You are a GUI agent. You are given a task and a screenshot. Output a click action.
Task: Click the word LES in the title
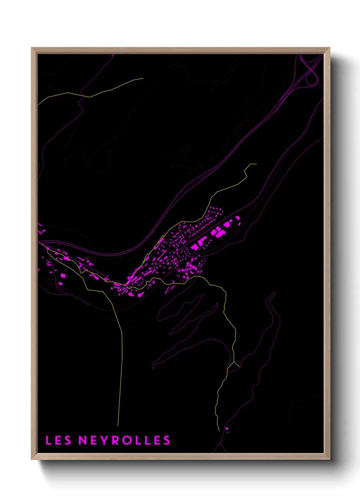coord(58,440)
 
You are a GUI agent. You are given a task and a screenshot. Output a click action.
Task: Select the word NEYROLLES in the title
coord(124,440)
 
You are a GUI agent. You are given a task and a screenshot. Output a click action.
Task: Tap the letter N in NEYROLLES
coord(83,440)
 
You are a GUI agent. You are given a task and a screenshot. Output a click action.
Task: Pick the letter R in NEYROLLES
coord(116,440)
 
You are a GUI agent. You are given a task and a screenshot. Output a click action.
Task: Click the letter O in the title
coord(128,440)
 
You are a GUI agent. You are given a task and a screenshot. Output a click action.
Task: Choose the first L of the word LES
coord(48,440)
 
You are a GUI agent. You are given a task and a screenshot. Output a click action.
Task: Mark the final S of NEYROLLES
coord(166,440)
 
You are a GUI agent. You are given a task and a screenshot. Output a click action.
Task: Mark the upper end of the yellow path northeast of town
coord(256,164)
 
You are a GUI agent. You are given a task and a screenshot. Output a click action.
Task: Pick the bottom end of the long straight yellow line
coord(118,425)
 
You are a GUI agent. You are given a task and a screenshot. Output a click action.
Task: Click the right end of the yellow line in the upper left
coord(143,78)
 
